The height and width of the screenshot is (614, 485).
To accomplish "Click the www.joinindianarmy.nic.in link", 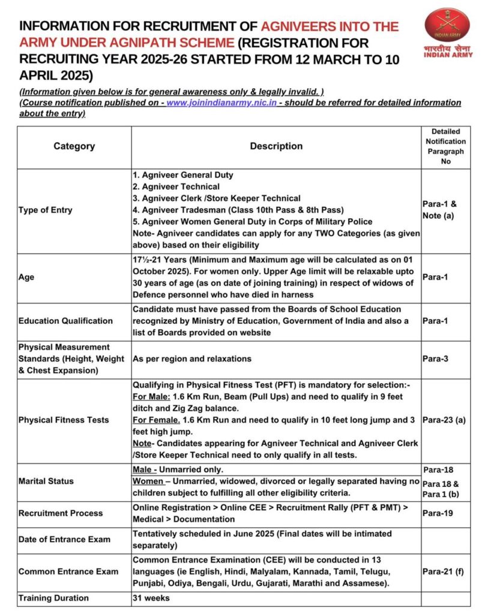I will coord(221,103).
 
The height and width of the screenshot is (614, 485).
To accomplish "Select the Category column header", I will coord(74,146).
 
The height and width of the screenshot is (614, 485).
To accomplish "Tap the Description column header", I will coord(276,146).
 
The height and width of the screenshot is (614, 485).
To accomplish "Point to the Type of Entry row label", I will coord(46,210).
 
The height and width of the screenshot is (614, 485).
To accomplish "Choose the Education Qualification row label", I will coord(65,321).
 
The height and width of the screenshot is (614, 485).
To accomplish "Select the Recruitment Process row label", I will coord(61,513).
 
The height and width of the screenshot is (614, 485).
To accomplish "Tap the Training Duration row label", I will coord(53,598).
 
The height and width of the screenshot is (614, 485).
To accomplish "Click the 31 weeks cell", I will coord(152,598).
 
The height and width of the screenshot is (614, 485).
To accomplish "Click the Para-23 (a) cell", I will coord(444,420).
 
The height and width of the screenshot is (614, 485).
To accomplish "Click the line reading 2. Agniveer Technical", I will coord(176,186).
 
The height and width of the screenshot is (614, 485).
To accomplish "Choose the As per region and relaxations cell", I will coord(192,359).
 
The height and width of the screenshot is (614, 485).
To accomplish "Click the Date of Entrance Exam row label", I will coord(64,539).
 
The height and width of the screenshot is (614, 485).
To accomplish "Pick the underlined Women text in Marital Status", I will coord(148,481).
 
